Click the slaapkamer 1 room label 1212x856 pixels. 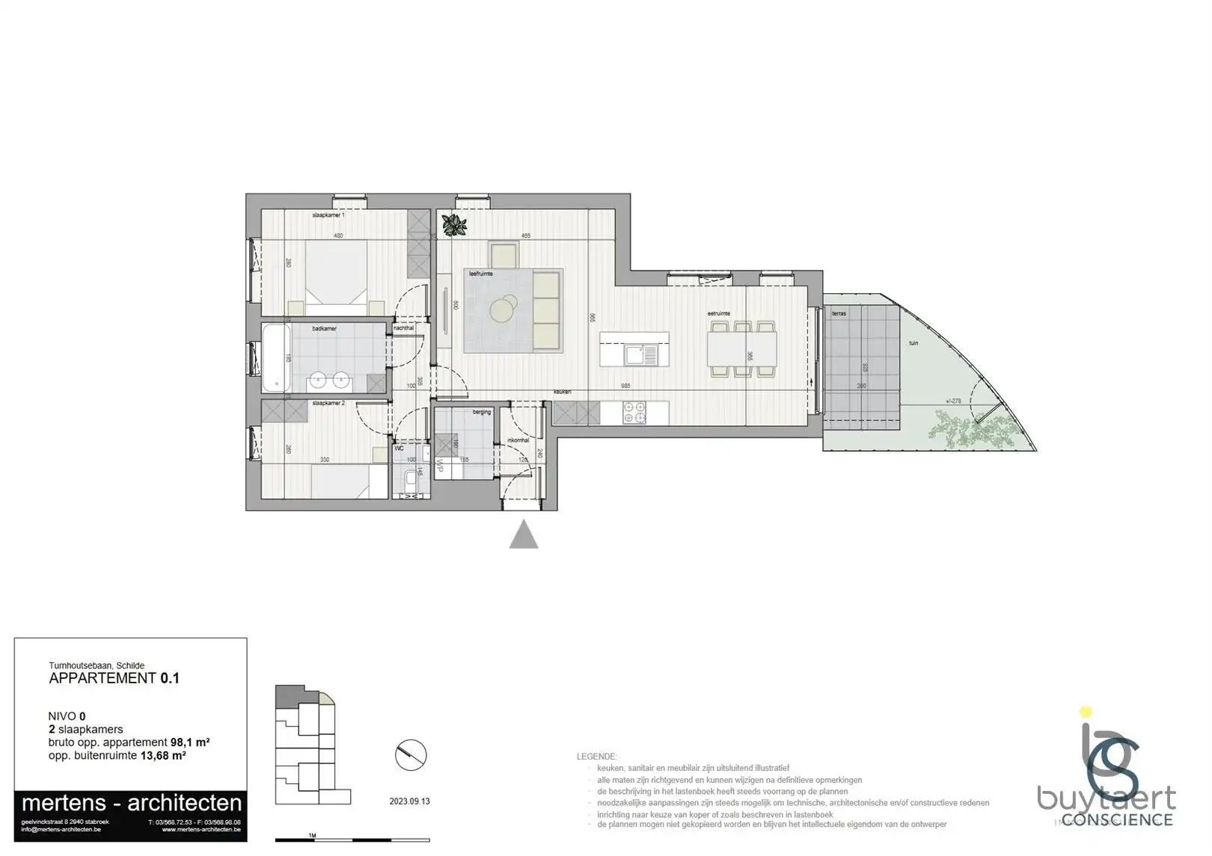(x=328, y=215)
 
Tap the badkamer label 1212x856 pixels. (x=324, y=329)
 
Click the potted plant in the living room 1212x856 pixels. (x=453, y=224)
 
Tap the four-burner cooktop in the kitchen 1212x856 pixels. (x=634, y=412)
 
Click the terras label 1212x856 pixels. (x=839, y=313)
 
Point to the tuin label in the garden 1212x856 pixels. (x=913, y=343)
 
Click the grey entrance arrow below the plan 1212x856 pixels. (x=524, y=535)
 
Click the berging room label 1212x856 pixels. (x=481, y=412)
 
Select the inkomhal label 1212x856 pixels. (x=518, y=440)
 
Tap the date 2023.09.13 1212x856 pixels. (x=409, y=801)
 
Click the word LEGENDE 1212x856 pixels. (x=596, y=757)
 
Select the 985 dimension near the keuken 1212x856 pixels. (x=625, y=386)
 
